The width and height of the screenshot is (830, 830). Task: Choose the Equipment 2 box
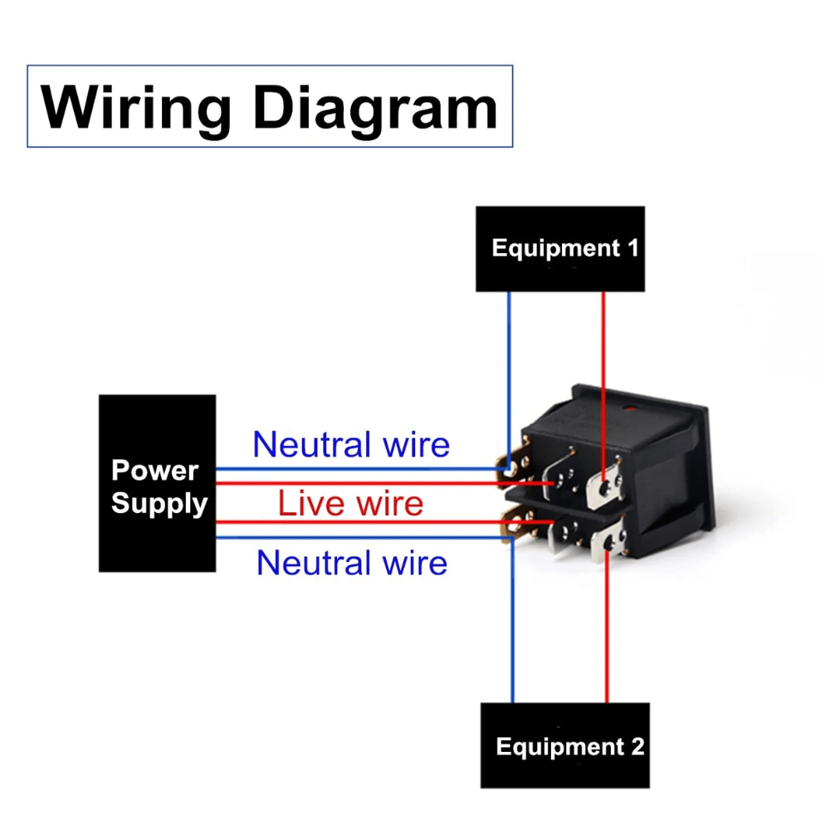click(564, 745)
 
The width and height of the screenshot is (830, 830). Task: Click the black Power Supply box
click(157, 484)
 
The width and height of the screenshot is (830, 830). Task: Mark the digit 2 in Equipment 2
click(637, 746)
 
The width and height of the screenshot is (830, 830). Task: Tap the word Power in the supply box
click(155, 471)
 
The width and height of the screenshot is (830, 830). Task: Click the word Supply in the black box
click(159, 503)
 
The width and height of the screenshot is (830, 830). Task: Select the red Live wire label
click(350, 503)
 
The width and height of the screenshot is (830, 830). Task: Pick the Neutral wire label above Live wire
click(351, 445)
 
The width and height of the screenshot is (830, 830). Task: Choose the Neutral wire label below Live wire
click(351, 563)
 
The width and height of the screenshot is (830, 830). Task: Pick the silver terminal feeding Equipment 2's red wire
click(608, 545)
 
